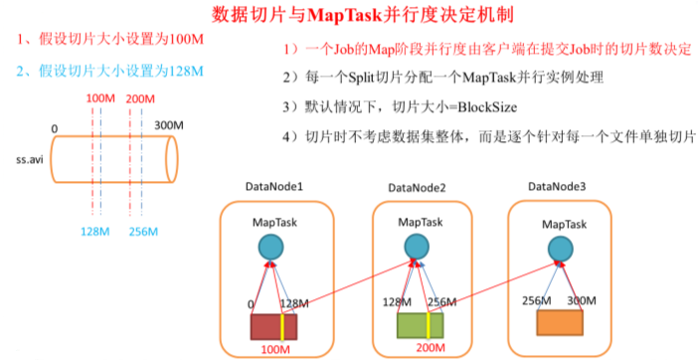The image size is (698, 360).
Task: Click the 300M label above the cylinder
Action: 169,124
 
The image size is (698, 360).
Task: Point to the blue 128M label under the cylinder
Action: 94,231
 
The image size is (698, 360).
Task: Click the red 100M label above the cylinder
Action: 99,99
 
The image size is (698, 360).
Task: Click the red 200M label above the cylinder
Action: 141,99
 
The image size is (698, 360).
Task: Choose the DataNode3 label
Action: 558,186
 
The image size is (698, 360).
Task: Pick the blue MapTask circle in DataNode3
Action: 560,249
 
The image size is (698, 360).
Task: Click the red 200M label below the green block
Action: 429,349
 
